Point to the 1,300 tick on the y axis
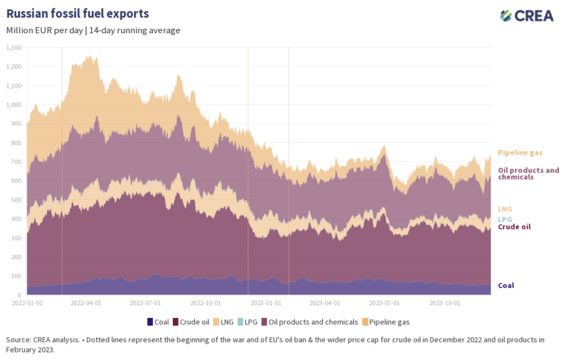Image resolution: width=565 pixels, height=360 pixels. [14, 48]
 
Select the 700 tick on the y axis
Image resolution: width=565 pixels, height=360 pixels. [16, 162]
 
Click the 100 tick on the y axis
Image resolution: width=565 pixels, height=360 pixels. [16, 276]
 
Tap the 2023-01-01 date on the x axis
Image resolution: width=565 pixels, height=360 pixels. [266, 303]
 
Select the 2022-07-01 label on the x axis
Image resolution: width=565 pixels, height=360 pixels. [146, 303]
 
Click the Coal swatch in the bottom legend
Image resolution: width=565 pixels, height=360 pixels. [150, 322]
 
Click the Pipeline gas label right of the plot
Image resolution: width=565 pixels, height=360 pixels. [520, 153]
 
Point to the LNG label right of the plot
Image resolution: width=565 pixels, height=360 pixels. [505, 210]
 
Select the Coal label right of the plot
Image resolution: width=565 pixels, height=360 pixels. [506, 285]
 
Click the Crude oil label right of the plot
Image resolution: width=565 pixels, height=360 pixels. [514, 227]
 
